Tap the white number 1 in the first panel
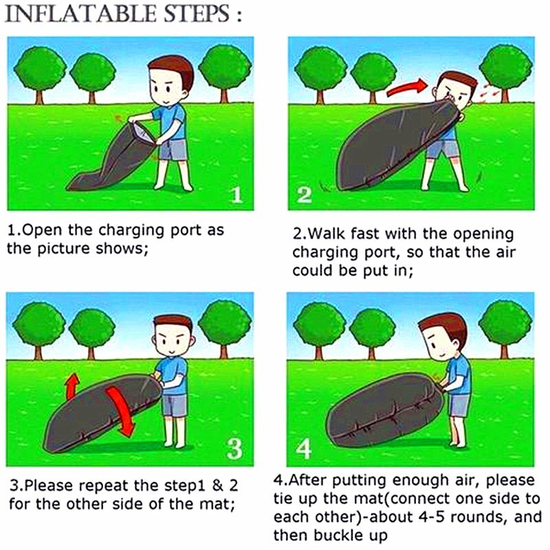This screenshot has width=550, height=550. (x=237, y=195)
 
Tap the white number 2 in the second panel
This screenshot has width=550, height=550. (x=304, y=195)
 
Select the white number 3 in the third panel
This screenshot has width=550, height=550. (x=234, y=449)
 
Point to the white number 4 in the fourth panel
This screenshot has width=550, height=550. (x=303, y=449)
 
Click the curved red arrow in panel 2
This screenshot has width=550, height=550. (x=407, y=87)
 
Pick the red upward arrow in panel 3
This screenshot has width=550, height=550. (x=73, y=386)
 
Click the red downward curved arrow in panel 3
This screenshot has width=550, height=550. (x=121, y=410)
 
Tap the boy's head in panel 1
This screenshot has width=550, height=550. (x=169, y=82)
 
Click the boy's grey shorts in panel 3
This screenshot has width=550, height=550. (x=175, y=406)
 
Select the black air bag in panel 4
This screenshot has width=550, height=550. (x=385, y=410)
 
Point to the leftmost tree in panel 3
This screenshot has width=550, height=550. (x=39, y=330)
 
